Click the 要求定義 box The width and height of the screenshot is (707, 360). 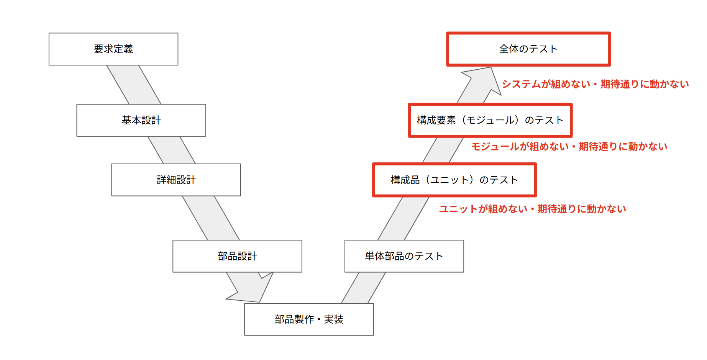coord(113,49)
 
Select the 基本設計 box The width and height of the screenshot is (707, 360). coord(141,120)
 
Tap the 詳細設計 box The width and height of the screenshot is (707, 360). coord(176,180)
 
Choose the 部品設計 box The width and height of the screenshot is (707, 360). coord(237,256)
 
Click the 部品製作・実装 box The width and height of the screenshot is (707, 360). coord(309,319)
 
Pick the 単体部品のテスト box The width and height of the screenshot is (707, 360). coord(404,256)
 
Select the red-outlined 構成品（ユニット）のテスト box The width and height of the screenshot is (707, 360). coord(454,180)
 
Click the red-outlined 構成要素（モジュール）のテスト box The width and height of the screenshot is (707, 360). coord(490,120)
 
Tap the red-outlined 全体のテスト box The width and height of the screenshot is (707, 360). coord(528,49)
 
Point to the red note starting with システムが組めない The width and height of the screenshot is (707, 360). coord(595,84)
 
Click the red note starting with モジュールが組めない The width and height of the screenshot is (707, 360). coord(569,147)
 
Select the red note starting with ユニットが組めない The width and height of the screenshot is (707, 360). coord(532,209)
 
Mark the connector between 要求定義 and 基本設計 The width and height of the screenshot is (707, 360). coord(134,85)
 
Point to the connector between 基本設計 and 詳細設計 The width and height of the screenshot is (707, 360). coord(172,150)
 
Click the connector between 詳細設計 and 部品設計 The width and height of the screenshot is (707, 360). coord(211,218)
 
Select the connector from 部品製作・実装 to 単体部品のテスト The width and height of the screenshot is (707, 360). coord(363,288)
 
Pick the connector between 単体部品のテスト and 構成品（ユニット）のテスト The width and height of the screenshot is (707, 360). coord(403,218)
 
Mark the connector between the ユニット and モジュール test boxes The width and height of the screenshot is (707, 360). coord(443,150)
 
